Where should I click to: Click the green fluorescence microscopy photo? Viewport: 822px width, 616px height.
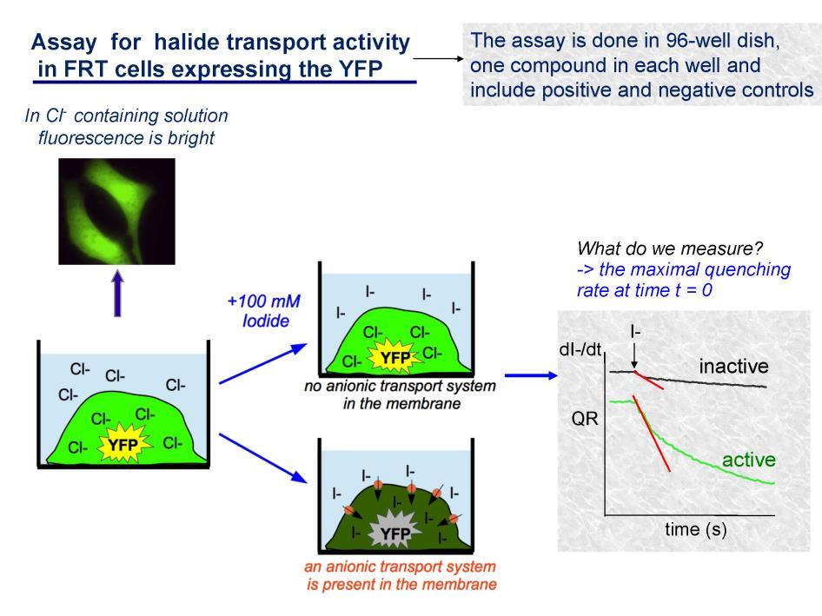click(116, 211)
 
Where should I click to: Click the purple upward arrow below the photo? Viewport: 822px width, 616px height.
click(117, 293)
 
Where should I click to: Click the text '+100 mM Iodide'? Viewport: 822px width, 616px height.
click(264, 311)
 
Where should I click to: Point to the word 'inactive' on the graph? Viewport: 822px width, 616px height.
click(733, 366)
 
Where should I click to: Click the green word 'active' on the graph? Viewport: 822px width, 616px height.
click(749, 460)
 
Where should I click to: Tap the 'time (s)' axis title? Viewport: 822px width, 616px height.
click(696, 529)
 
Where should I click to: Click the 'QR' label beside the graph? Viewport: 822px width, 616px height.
click(585, 419)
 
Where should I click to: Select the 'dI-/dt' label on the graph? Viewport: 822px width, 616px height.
click(580, 349)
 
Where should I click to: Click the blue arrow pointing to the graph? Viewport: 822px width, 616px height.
click(531, 375)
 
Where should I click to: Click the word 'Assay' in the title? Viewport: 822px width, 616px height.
click(64, 42)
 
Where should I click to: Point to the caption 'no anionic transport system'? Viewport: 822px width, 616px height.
click(400, 386)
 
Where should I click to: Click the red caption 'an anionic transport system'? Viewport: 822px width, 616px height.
click(400, 566)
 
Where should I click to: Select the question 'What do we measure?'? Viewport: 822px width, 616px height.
click(670, 248)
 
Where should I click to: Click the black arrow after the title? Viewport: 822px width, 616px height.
click(438, 59)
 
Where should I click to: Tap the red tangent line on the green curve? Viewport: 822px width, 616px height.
click(652, 434)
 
